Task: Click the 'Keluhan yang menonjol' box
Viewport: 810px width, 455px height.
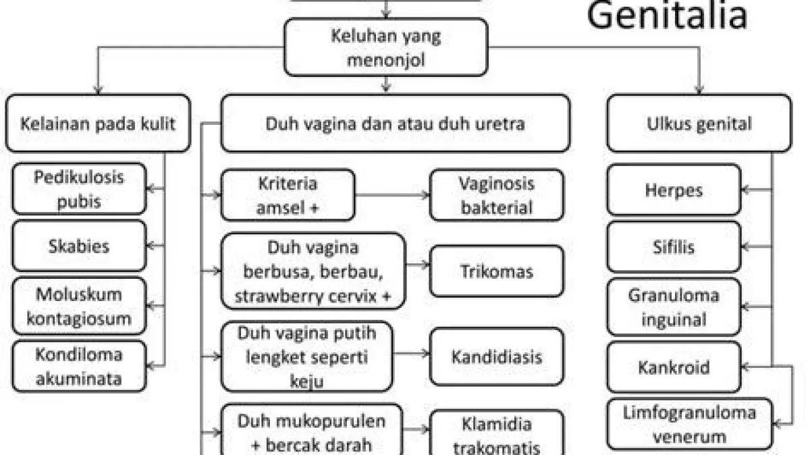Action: (385, 47)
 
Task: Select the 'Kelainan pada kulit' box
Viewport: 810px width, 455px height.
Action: (98, 124)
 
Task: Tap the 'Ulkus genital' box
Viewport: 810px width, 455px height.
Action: (699, 124)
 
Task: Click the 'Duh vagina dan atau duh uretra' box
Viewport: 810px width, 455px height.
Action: (395, 124)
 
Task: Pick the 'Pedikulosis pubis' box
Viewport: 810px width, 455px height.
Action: (79, 189)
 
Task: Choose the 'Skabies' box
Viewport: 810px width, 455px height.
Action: (79, 246)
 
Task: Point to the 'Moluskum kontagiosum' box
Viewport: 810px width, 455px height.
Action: (79, 306)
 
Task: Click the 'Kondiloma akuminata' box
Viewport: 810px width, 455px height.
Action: (79, 367)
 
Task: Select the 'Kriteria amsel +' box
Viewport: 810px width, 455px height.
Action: (288, 195)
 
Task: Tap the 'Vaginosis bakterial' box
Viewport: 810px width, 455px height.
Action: (497, 195)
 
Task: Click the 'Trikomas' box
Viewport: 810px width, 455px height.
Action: (497, 271)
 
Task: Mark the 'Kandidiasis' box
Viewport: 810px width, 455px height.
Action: (497, 356)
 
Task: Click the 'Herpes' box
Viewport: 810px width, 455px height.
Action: (674, 190)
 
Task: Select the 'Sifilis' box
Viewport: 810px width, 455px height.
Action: (674, 246)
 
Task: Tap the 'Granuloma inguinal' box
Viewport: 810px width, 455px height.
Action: (674, 306)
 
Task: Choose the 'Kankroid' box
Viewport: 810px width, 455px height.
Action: (674, 367)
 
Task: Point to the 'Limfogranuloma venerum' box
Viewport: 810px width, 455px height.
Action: (689, 424)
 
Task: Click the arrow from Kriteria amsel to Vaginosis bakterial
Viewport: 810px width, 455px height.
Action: (392, 195)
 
